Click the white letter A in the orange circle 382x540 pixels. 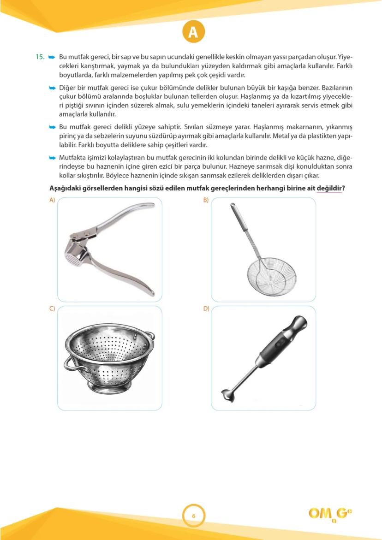tap(193, 32)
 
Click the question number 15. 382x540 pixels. tap(40, 57)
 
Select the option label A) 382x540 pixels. tap(52, 200)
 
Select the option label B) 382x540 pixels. tap(206, 200)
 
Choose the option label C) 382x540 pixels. tap(52, 309)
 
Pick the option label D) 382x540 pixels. tap(206, 309)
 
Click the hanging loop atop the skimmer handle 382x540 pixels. tap(233, 208)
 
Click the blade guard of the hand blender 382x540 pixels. tap(227, 396)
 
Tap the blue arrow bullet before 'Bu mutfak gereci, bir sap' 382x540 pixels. tap(52, 57)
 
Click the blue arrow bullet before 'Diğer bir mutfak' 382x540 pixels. tap(52, 88)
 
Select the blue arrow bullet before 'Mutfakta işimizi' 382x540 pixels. tap(52, 158)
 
